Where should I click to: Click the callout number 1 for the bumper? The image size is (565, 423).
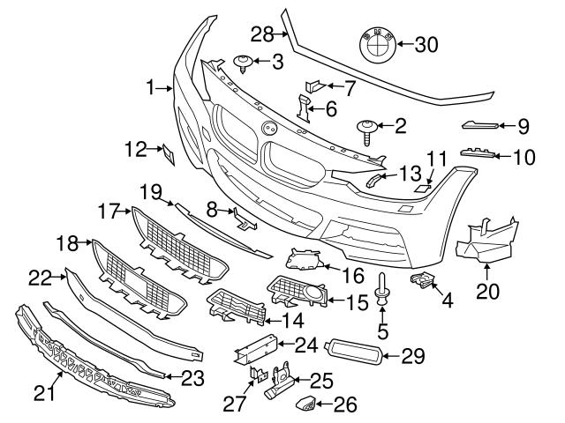click(152, 87)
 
